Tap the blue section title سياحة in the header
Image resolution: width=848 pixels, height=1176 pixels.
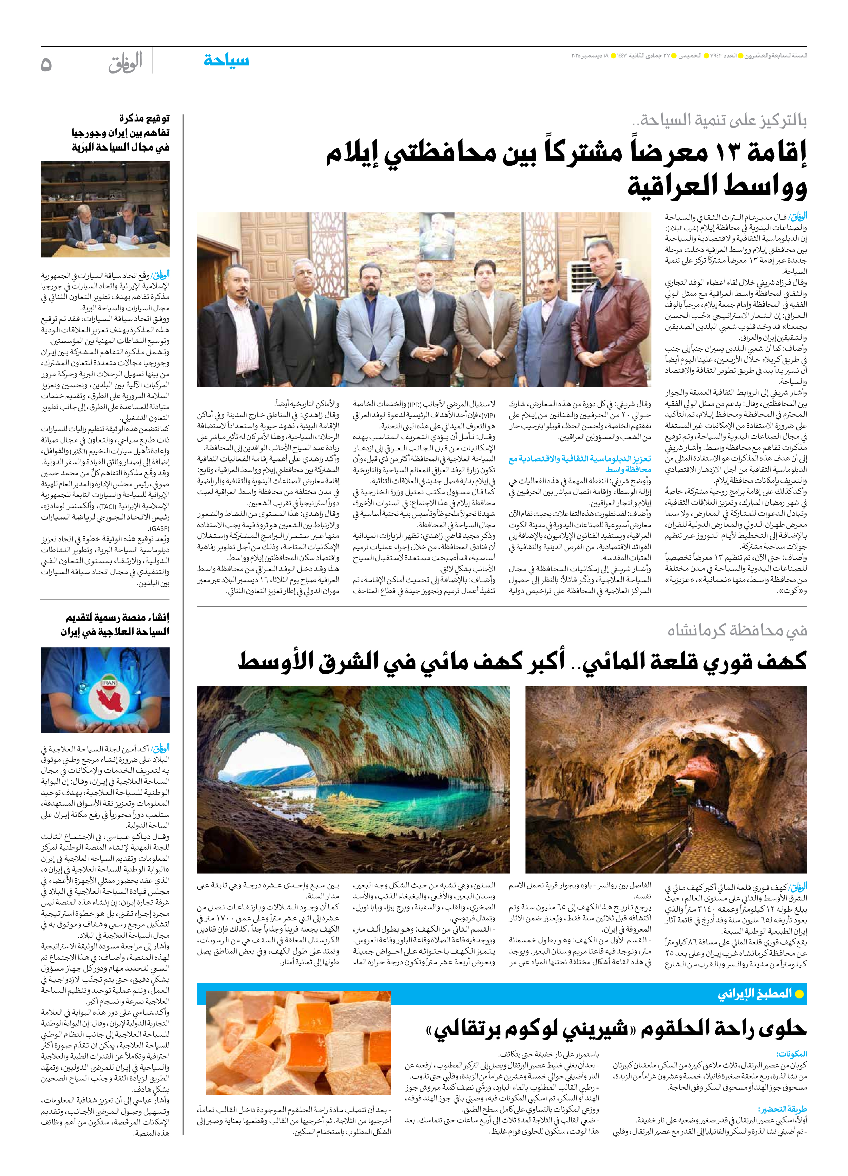(x=226, y=61)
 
